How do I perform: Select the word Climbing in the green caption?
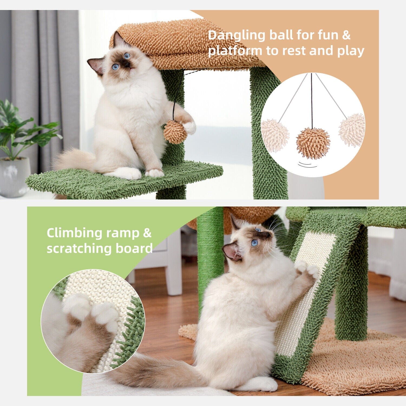tap(74, 233)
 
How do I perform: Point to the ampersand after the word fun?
tap(346, 35)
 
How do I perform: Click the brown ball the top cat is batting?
tap(175, 132)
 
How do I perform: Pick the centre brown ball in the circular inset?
tap(313, 143)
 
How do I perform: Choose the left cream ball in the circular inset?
tap(275, 135)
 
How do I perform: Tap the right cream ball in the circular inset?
tap(352, 130)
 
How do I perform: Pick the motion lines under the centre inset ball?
tap(307, 165)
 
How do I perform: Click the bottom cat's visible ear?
tap(231, 251)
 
